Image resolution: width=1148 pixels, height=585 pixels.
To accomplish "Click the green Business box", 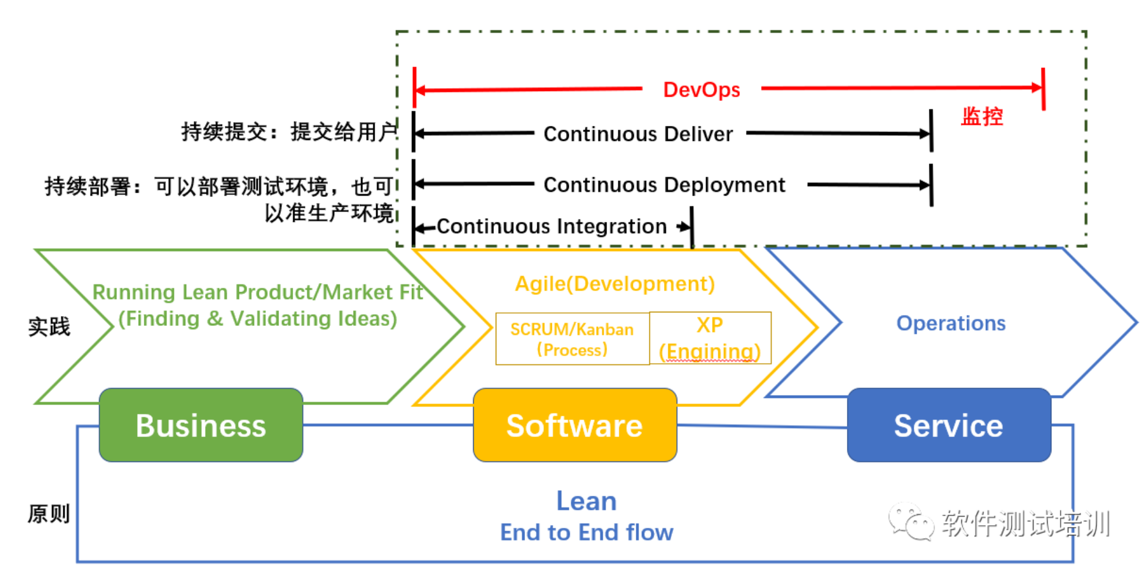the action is pyautogui.click(x=201, y=425).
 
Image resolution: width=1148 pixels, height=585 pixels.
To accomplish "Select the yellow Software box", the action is pyautogui.click(x=575, y=425).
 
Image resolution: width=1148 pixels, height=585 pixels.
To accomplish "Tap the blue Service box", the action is pyautogui.click(x=949, y=425).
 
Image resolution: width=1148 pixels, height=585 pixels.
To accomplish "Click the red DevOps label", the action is pyautogui.click(x=701, y=90).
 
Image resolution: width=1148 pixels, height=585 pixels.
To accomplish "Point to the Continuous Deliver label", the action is pyautogui.click(x=638, y=134).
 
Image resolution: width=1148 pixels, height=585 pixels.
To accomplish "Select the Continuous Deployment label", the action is pyautogui.click(x=664, y=185).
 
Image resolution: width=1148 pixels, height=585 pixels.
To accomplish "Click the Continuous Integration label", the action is pyautogui.click(x=551, y=226).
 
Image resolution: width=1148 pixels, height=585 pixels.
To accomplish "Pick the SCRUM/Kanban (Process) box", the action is pyautogui.click(x=572, y=339).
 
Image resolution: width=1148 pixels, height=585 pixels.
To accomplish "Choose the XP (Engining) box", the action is pyautogui.click(x=710, y=338).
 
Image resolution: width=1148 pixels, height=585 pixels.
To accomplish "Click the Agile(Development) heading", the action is pyautogui.click(x=615, y=284).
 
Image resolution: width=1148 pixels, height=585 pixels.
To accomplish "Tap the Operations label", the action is pyautogui.click(x=951, y=323).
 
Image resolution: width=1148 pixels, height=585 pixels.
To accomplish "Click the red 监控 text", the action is pyautogui.click(x=982, y=116).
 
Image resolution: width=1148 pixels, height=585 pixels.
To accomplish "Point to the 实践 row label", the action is pyautogui.click(x=50, y=326).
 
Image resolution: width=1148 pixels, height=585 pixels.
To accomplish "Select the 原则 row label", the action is pyautogui.click(x=49, y=513).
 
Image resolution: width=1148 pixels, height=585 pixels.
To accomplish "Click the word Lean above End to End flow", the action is pyautogui.click(x=586, y=501).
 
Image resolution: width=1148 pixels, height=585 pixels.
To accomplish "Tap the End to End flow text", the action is pyautogui.click(x=586, y=532).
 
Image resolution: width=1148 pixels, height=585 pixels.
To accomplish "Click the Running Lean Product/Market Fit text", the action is pyautogui.click(x=258, y=292).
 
